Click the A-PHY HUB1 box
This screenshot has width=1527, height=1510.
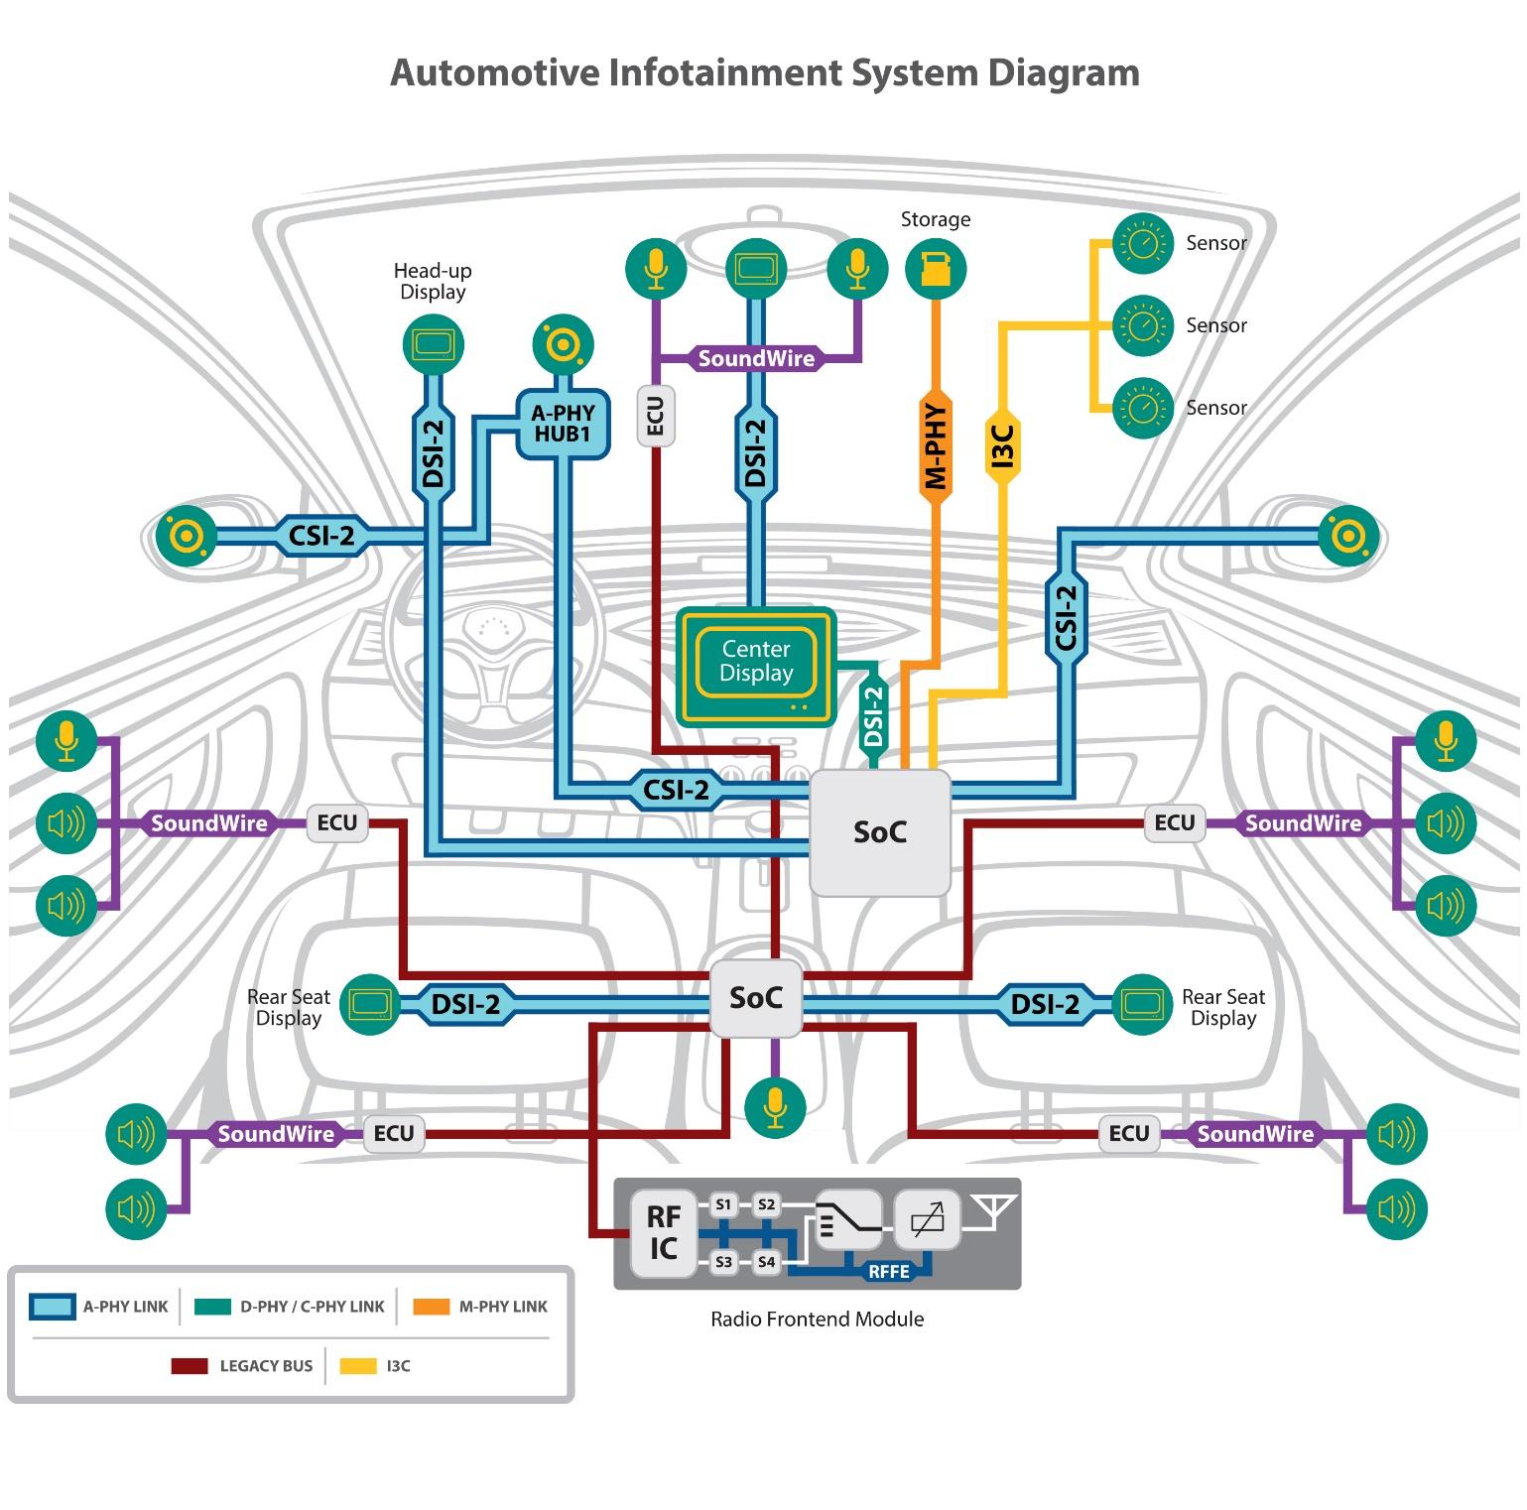(563, 424)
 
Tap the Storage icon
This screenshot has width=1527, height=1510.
(935, 269)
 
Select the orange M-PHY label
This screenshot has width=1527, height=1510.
(935, 446)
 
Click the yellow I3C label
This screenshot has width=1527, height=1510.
(1002, 445)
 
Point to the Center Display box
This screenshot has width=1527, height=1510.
(756, 665)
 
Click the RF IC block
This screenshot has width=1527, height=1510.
(663, 1232)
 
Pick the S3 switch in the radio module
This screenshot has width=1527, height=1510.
(723, 1262)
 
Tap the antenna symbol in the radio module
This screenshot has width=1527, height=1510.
(993, 1212)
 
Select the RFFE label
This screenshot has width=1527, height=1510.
(888, 1272)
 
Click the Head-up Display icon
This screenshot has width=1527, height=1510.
(434, 345)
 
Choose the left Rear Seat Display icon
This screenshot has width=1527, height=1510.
(369, 1004)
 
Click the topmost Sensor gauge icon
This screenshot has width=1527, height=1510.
(1143, 243)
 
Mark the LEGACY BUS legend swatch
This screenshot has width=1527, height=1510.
(190, 1366)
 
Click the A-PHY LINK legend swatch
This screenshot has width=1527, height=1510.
(52, 1307)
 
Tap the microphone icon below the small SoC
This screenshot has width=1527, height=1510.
(775, 1105)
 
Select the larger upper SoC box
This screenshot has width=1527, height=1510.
(880, 832)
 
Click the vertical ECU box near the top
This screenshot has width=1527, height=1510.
(655, 416)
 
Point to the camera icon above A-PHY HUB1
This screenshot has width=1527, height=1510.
(563, 344)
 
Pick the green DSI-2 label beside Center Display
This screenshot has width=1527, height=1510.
(873, 715)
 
